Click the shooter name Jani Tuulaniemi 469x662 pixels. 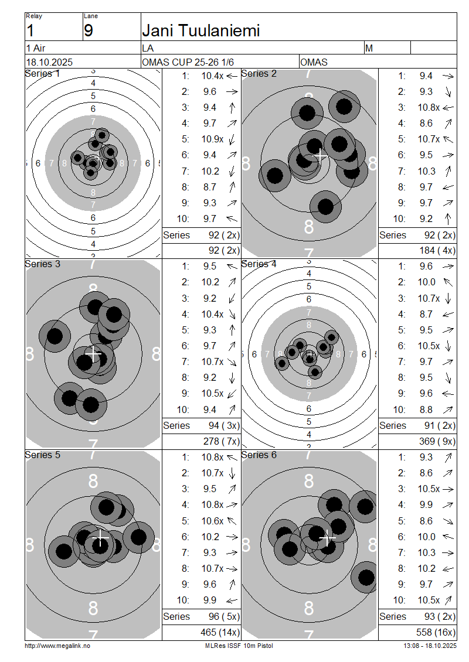click(200, 30)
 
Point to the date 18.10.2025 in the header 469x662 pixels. click(49, 62)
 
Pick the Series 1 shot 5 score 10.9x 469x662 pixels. click(212, 139)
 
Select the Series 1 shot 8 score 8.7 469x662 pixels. click(209, 187)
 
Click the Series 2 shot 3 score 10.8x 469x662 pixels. click(429, 108)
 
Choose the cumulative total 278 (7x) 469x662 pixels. click(221, 441)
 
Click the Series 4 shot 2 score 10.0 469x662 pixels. click(426, 282)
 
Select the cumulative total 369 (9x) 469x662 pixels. click(437, 441)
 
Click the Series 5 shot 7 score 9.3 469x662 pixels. click(209, 552)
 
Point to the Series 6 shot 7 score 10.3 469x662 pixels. click(426, 552)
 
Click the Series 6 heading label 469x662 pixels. click(259, 455)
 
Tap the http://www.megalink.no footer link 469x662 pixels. click(57, 646)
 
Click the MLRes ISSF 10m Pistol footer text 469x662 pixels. click(239, 646)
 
